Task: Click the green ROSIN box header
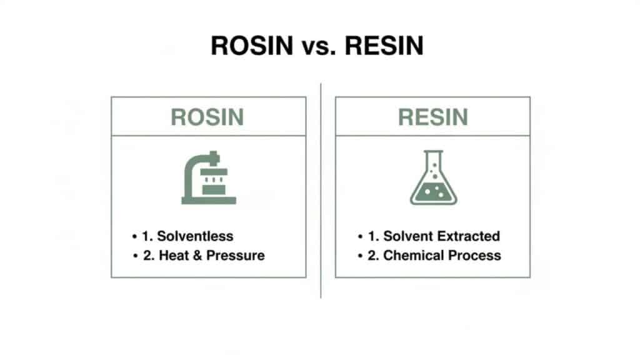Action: [207, 117]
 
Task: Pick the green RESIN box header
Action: [432, 117]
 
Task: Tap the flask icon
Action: [432, 179]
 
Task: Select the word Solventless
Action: [195, 236]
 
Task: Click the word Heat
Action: [174, 255]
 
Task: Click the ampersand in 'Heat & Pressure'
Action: [199, 255]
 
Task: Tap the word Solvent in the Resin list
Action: [408, 236]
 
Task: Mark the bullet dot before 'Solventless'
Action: [134, 237]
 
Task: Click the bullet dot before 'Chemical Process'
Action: [361, 256]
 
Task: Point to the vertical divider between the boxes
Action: [321, 187]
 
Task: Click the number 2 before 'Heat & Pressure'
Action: [146, 255]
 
